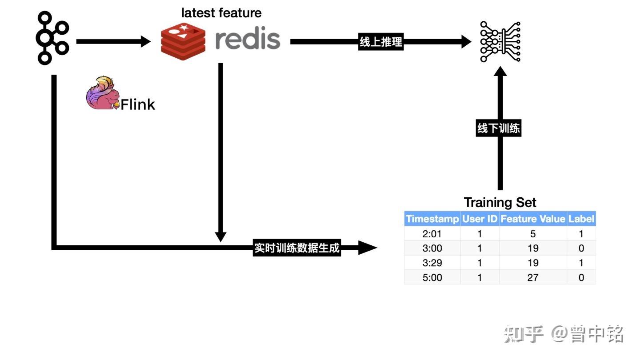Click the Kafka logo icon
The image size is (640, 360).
click(52, 38)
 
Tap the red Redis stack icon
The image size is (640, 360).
click(183, 41)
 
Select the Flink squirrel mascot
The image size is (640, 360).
click(103, 93)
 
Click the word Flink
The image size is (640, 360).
click(138, 104)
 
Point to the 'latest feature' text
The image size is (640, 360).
click(221, 13)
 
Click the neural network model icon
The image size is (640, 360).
click(500, 41)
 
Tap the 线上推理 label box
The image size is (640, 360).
click(381, 42)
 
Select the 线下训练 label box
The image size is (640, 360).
click(499, 128)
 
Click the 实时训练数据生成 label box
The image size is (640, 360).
click(297, 248)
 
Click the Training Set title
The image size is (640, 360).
click(500, 203)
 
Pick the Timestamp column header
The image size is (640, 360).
click(432, 219)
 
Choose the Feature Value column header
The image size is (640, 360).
click(533, 219)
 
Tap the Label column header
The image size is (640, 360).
click(581, 219)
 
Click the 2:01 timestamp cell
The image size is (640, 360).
click(432, 234)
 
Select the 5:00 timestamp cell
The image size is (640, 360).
click(432, 277)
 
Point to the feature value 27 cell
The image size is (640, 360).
click(533, 277)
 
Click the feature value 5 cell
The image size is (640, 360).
click(533, 234)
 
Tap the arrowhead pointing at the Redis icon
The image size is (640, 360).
click(146, 42)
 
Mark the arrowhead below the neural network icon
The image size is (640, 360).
click(500, 71)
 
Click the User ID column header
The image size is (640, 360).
click(480, 219)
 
